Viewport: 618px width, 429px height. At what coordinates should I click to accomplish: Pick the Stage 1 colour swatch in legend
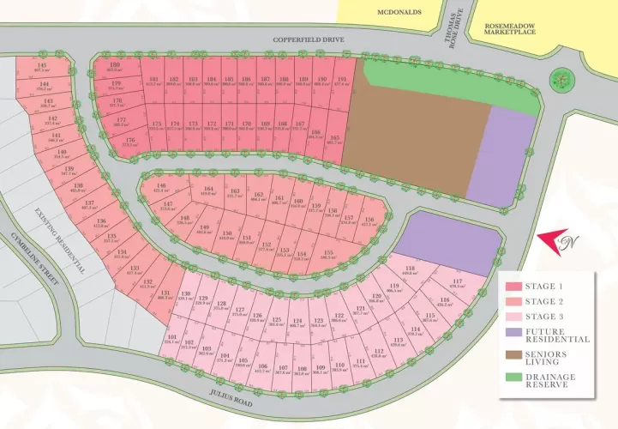(514, 287)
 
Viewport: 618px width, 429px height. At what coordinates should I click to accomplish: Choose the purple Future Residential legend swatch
(514, 331)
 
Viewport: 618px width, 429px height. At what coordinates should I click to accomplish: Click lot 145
(40, 67)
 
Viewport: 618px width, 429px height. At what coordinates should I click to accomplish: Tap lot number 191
(341, 82)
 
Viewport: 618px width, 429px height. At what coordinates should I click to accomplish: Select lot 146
(159, 188)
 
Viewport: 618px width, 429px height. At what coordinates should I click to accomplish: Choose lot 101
(172, 340)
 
